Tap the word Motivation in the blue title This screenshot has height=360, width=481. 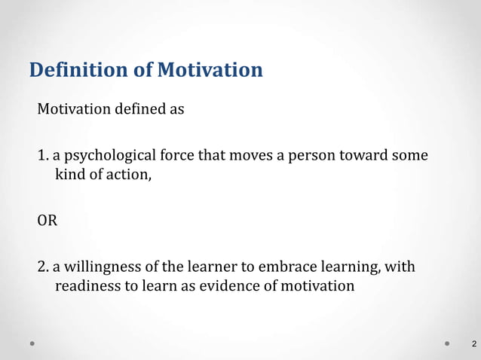click(x=210, y=71)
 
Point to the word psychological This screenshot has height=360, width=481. click(x=109, y=157)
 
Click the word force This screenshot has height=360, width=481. click(x=176, y=157)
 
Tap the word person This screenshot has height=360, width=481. click(x=314, y=157)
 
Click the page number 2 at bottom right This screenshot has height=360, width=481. click(x=473, y=345)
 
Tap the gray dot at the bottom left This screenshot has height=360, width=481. click(x=32, y=343)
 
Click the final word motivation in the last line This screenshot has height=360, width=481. click(x=319, y=287)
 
